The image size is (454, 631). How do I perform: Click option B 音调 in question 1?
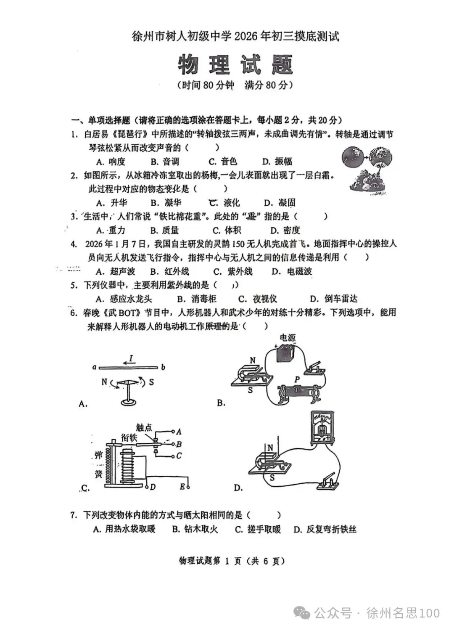coord(165,162)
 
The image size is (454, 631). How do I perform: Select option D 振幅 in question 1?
coord(277,162)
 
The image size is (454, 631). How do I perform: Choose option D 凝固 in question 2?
coord(280,203)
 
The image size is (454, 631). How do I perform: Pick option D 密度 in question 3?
coord(285,230)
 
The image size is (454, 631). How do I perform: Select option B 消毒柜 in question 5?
coord(197,299)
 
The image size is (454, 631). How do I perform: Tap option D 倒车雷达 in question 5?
coord(334,299)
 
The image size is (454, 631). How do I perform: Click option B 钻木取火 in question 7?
coord(195,529)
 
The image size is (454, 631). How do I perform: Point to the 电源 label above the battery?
coord(288,337)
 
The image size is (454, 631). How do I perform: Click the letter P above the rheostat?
coord(297,379)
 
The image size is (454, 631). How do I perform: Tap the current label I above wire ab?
coord(131,358)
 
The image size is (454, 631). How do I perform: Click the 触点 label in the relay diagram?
coord(144,428)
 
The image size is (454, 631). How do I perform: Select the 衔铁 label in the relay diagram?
coord(129,437)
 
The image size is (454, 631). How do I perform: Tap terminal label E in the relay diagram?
coord(182,487)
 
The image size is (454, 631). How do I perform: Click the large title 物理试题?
coord(235,65)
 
